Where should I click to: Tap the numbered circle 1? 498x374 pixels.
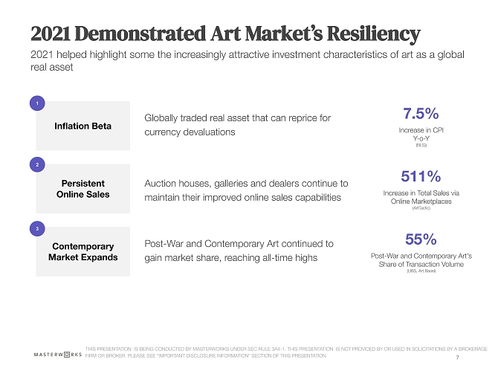click(37, 103)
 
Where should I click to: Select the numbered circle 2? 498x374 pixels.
click(37, 165)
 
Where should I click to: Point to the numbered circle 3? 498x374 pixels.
click(37, 228)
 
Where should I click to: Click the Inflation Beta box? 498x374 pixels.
click(83, 126)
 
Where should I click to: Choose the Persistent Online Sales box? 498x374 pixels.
click(83, 188)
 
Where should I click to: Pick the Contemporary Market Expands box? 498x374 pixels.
click(83, 251)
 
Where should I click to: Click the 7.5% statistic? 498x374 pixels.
click(421, 114)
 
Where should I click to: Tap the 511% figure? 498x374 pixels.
click(421, 176)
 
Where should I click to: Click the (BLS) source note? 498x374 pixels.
click(421, 146)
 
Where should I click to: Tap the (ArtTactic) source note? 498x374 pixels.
click(421, 208)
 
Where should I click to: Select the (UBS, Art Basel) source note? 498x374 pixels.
click(421, 271)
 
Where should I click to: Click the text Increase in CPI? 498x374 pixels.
click(421, 130)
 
